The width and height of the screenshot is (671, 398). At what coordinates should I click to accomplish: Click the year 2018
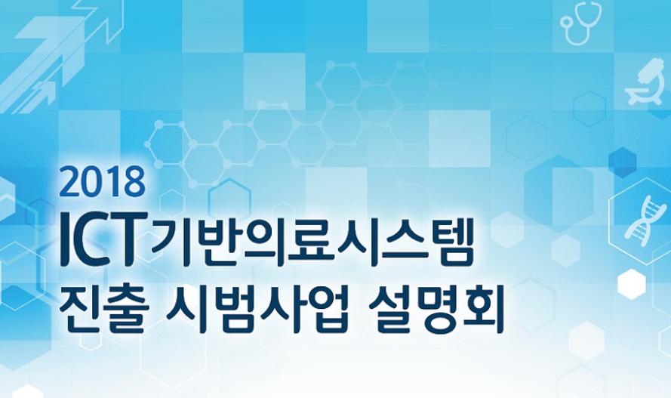pos(103,182)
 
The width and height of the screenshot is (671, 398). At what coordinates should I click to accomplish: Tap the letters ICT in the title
pos(101,237)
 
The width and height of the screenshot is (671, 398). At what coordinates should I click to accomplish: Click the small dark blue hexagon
pos(622,162)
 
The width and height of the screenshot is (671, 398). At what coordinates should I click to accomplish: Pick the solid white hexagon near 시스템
pos(632,284)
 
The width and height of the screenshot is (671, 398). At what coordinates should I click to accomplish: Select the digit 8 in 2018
pos(134,182)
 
